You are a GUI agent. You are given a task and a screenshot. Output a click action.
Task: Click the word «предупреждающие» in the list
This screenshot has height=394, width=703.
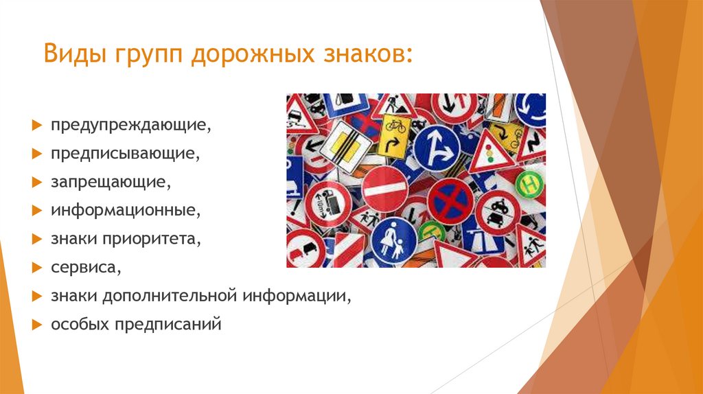(129, 126)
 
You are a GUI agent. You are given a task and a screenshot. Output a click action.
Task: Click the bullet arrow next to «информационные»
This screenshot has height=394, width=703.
(36, 211)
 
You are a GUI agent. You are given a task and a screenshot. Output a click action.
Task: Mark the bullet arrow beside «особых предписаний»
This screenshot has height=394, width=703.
(36, 323)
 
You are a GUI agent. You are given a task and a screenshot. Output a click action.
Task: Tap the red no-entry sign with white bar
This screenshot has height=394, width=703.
(385, 189)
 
